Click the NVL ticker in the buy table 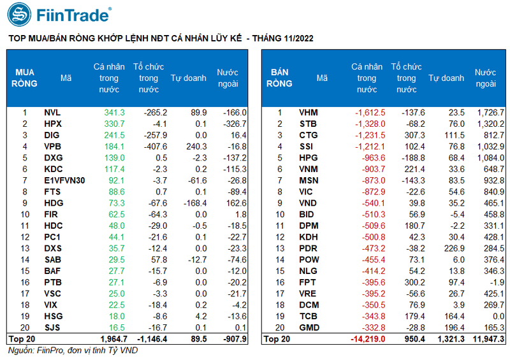pos(53,113)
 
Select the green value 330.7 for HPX pos(114,124)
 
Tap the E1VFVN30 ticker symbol pos(65,180)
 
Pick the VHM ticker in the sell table pos(309,113)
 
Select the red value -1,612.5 pos(370,113)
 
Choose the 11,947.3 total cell pos(487,339)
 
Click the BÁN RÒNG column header pos(279,78)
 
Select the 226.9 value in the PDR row pos(452,248)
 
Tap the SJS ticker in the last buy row pos(53,327)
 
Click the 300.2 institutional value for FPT pos(411,282)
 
